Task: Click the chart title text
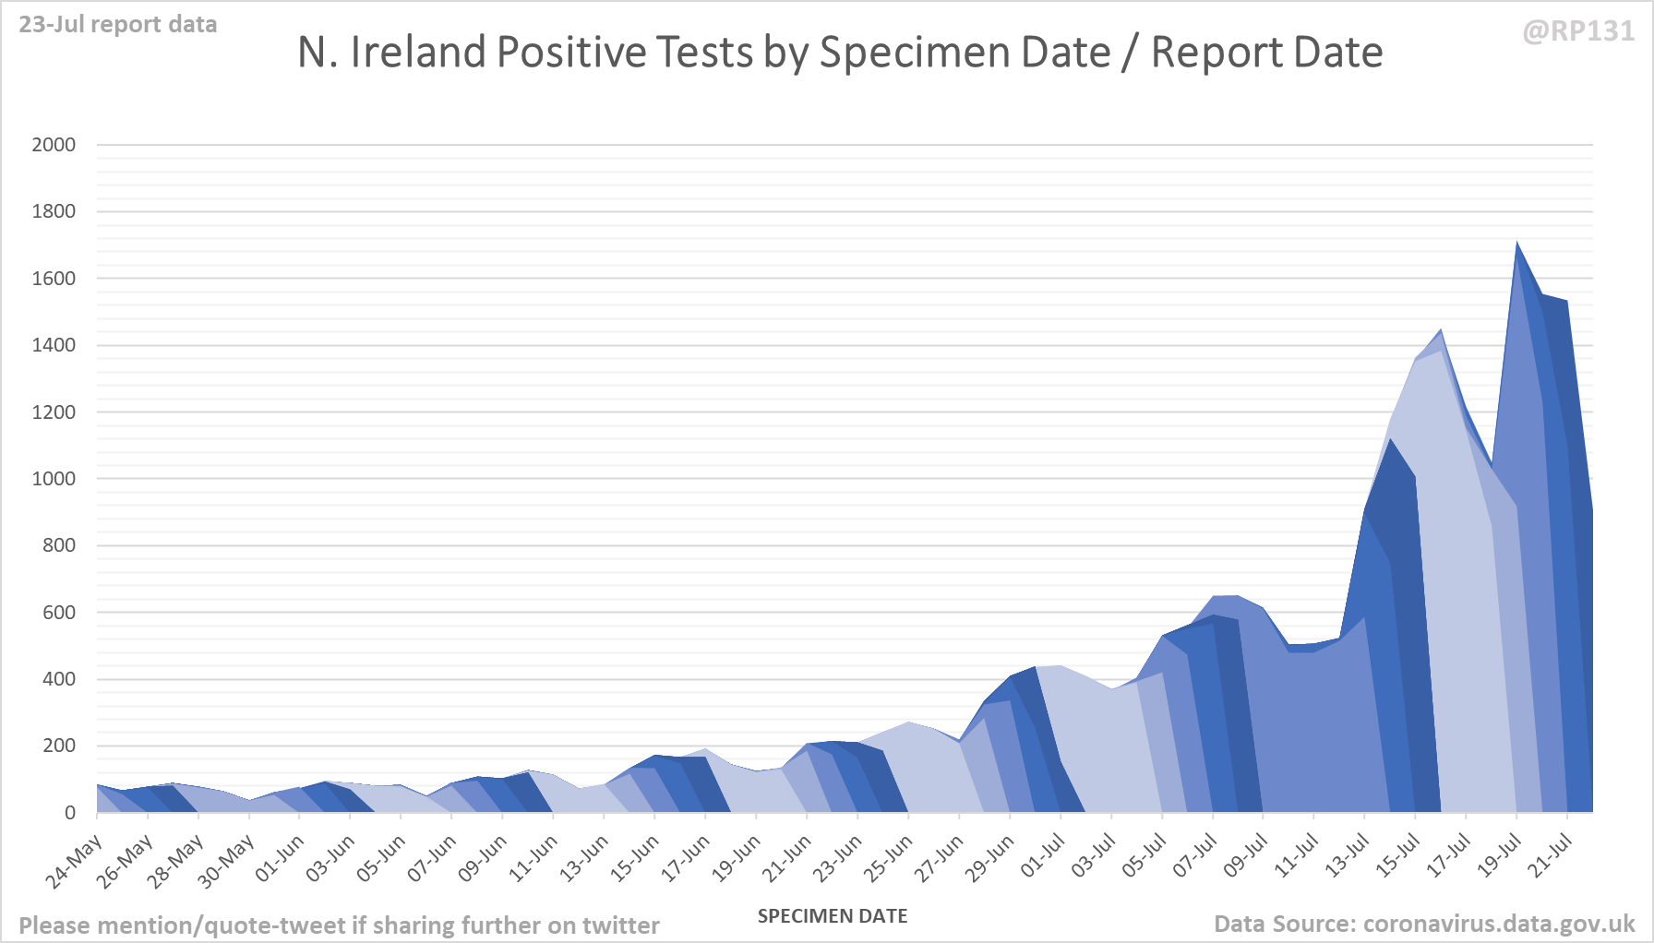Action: click(840, 53)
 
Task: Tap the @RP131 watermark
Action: click(1578, 31)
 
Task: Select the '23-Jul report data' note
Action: click(118, 24)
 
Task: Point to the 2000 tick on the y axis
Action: click(54, 145)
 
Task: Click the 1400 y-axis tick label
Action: click(54, 345)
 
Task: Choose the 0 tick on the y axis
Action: click(70, 813)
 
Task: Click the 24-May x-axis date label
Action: click(75, 862)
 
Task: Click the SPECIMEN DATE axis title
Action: click(833, 916)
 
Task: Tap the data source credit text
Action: click(1424, 924)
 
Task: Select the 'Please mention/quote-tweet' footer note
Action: click(339, 925)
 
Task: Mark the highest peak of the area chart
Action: click(1516, 244)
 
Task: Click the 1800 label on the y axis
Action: click(54, 211)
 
